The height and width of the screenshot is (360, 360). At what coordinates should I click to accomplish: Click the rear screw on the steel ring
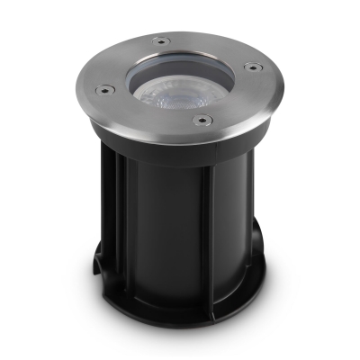(160, 40)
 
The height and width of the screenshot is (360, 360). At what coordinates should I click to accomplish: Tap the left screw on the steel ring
(104, 88)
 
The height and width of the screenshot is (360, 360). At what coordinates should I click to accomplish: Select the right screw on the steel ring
(252, 67)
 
